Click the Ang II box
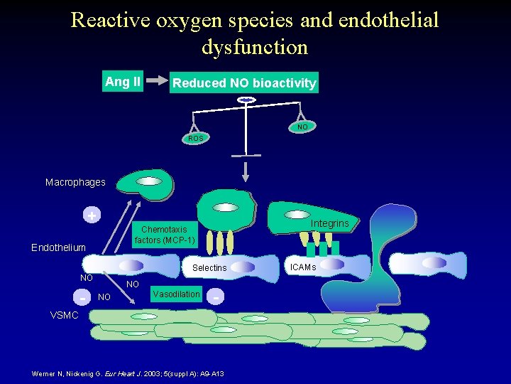[x=123, y=82]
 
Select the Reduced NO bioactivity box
[x=244, y=83]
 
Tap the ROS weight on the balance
[x=195, y=138]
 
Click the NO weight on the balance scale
[x=302, y=127]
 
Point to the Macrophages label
[x=75, y=182]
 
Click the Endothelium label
[x=58, y=247]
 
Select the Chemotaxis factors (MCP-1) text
[x=164, y=235]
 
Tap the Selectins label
[x=209, y=267]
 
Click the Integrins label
[x=329, y=223]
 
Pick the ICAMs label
[x=303, y=267]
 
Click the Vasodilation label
[x=176, y=294]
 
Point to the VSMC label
[x=65, y=315]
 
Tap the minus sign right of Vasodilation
[x=216, y=294]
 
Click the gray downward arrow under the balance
[x=246, y=170]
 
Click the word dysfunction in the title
[x=255, y=48]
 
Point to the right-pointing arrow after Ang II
[x=157, y=82]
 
